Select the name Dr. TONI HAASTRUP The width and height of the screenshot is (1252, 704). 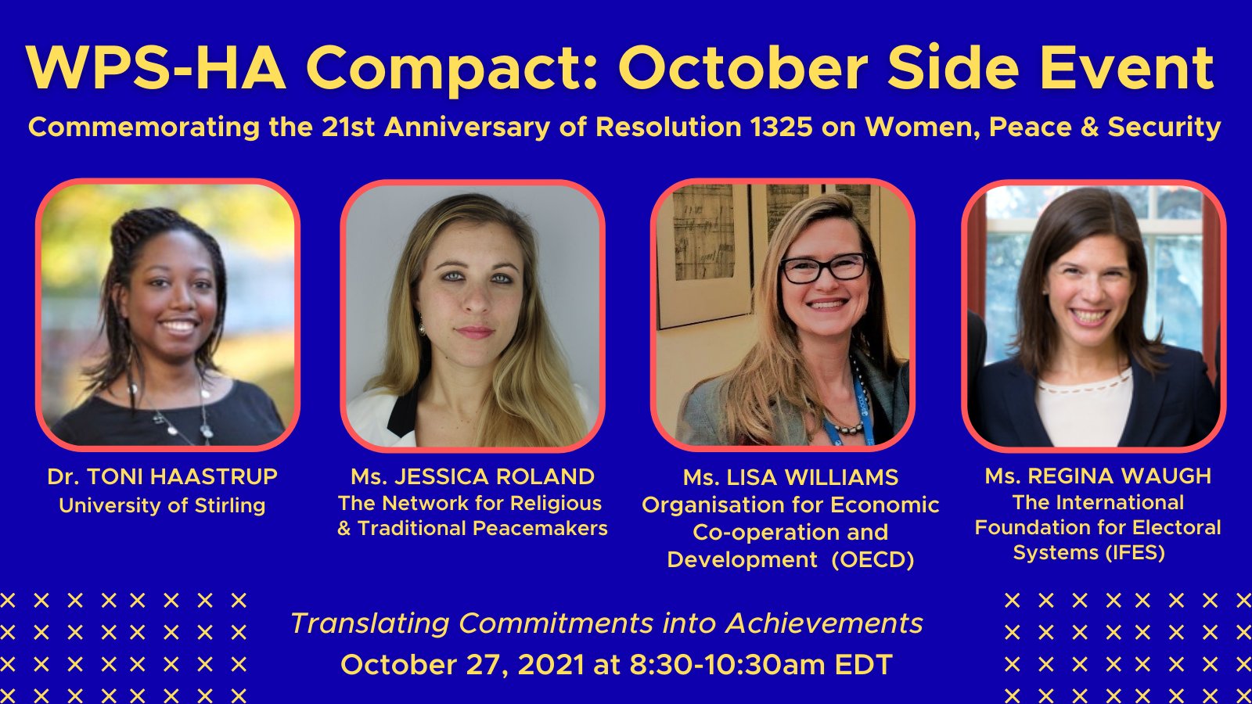[x=162, y=476]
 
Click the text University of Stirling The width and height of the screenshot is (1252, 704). [x=162, y=505]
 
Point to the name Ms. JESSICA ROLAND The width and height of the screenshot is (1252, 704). [x=473, y=476]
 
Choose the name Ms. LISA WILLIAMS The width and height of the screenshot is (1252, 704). [x=790, y=477]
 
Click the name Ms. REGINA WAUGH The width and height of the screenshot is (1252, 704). [x=1098, y=476]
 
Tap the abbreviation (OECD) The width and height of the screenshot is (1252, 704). [x=872, y=559]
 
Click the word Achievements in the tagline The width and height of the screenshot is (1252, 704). [x=824, y=623]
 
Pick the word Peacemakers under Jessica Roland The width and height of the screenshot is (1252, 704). [x=539, y=528]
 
